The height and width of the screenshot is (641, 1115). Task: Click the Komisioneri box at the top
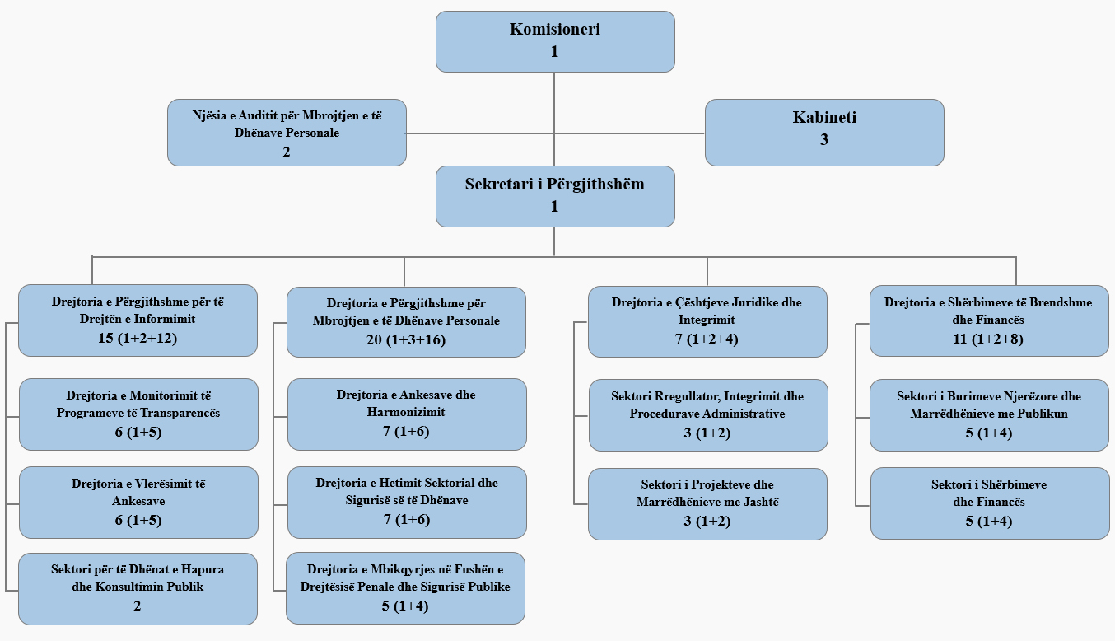coord(555,41)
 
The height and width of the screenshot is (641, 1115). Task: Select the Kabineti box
coord(824,132)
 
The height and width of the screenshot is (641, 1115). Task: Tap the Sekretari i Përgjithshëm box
coord(555,196)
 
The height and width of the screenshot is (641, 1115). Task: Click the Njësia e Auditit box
coord(287,133)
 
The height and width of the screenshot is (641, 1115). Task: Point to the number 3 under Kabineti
coord(824,140)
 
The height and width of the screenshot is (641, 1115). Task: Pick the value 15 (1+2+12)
coord(138,338)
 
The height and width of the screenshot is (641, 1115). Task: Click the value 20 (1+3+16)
coord(406,339)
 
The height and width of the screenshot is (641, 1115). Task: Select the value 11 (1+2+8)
coord(989,339)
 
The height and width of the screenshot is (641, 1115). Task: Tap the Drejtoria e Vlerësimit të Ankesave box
coord(138,502)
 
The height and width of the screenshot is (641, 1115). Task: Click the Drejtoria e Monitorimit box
coord(138,414)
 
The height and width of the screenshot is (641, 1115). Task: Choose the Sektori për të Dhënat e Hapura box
coord(138,588)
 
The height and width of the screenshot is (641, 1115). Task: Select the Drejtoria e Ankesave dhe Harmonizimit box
coord(406,414)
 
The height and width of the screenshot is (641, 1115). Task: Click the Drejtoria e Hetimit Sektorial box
coord(407,502)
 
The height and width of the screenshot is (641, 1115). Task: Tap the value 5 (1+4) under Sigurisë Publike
coord(406,607)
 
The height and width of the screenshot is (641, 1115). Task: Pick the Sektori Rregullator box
coord(708,414)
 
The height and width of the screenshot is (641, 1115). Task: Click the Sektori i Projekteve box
coord(707,503)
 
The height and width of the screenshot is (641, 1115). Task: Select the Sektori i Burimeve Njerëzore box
coord(989,414)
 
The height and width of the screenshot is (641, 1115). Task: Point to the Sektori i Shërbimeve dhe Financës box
coord(989,503)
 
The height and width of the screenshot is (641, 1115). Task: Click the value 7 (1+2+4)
coord(707,339)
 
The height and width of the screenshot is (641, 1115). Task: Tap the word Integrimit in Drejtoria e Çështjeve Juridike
coord(707,320)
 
